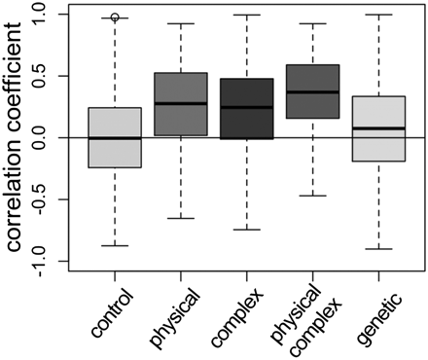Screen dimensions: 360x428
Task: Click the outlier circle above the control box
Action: tap(116, 18)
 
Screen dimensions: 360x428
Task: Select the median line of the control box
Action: tap(116, 138)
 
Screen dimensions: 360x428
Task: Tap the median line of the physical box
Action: tap(181, 103)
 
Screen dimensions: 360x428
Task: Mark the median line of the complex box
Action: tap(247, 107)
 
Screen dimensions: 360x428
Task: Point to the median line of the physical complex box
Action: tap(312, 92)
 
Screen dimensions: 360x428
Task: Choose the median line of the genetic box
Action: tap(377, 128)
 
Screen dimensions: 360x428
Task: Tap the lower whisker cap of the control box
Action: tap(116, 246)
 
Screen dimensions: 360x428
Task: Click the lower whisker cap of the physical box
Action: tap(181, 218)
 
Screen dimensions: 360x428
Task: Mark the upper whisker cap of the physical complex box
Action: tap(312, 23)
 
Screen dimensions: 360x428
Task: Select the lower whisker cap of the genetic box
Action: tap(377, 249)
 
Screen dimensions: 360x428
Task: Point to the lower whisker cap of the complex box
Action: tap(247, 230)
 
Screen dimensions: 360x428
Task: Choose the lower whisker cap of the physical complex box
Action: tap(312, 196)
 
